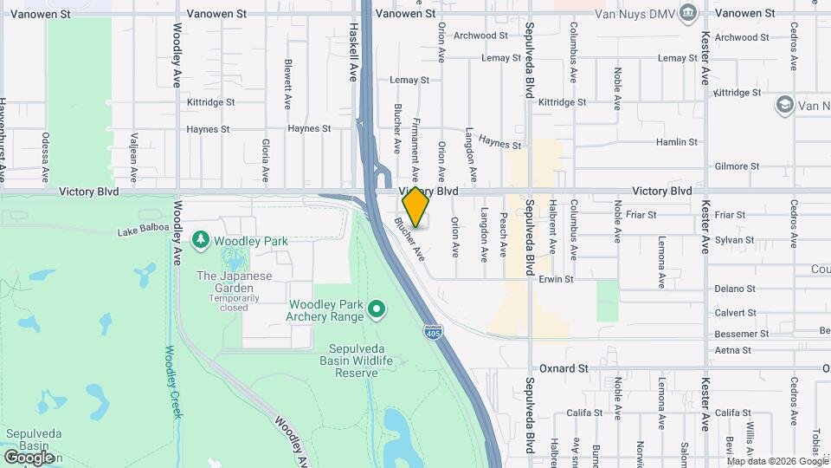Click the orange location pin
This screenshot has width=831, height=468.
[415, 207]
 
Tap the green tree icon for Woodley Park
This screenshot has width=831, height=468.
[201, 237]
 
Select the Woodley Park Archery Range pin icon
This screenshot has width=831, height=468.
[377, 308]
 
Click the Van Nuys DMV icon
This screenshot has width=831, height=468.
[688, 12]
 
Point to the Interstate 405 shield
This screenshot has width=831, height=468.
[431, 332]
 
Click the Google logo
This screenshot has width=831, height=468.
[29, 457]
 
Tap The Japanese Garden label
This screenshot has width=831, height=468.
[234, 276]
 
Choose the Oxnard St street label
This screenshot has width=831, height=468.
[564, 368]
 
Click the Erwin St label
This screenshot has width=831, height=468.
[556, 280]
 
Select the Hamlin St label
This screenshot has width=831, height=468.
[676, 142]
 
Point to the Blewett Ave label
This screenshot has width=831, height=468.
[289, 82]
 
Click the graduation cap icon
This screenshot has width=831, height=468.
[785, 105]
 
